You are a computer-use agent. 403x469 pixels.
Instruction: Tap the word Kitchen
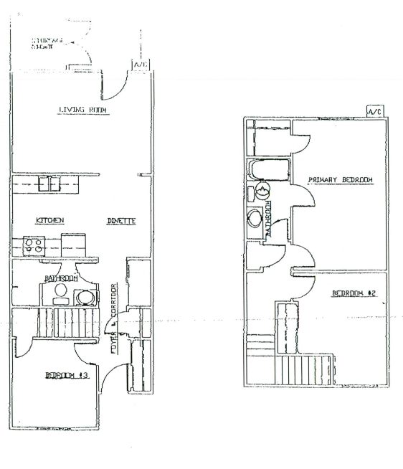pyautogui.click(x=34, y=220)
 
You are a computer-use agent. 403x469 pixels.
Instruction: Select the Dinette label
pyautogui.click(x=122, y=220)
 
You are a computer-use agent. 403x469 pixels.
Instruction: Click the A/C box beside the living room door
pyautogui.click(x=138, y=65)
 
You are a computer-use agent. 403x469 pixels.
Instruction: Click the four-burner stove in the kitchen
pyautogui.click(x=33, y=245)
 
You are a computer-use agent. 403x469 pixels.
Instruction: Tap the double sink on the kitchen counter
pyautogui.click(x=49, y=184)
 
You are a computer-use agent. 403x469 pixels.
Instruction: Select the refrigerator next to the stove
pyautogui.click(x=72, y=245)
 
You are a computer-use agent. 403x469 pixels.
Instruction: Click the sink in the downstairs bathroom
pyautogui.click(x=85, y=297)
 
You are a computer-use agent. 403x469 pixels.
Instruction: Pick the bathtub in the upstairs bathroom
pyautogui.click(x=268, y=171)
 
